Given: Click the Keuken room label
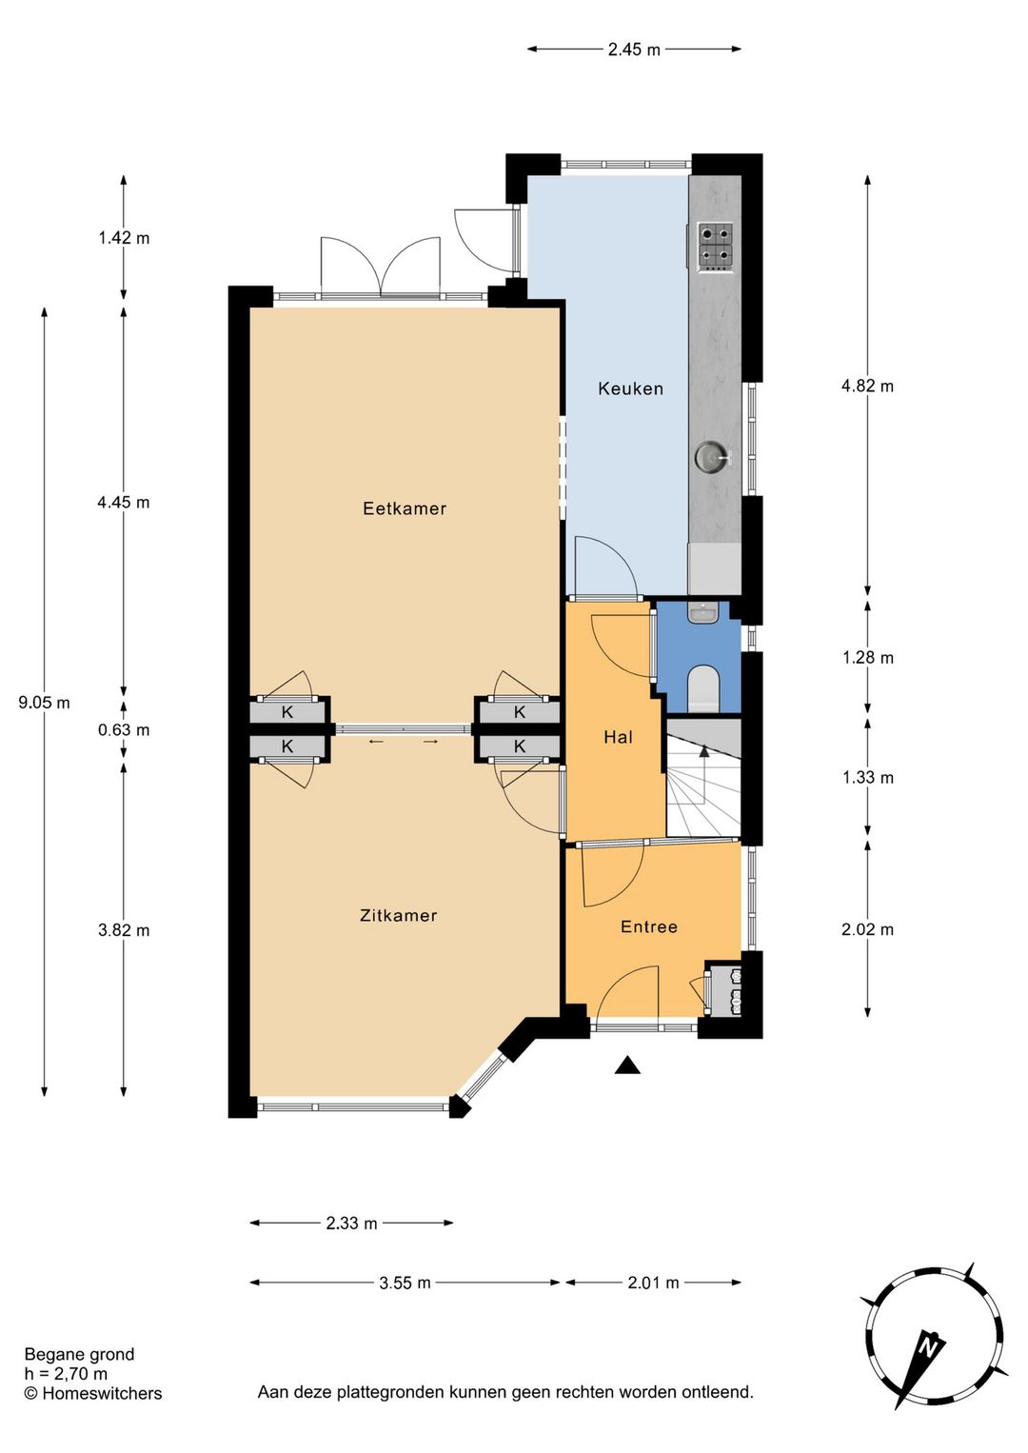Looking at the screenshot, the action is [x=630, y=388].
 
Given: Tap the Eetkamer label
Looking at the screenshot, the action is [x=405, y=508].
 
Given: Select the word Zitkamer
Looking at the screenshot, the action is [x=398, y=915].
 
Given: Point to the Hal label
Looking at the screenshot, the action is [x=618, y=737].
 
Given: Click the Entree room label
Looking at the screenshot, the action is [x=649, y=926].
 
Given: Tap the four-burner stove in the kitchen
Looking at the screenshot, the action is [x=716, y=247].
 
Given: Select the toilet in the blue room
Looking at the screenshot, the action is [x=702, y=687].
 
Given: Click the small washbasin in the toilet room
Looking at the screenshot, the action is [x=702, y=613].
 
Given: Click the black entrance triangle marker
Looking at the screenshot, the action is [x=627, y=1065].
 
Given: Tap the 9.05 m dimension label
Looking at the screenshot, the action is [x=44, y=703].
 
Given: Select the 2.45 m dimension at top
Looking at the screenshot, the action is [x=634, y=50].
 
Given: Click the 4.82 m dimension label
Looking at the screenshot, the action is [x=867, y=386].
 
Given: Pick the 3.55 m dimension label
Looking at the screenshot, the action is [x=405, y=1283].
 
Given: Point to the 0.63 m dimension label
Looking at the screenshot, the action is [x=124, y=729].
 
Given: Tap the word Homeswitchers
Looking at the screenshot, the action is [x=102, y=1393].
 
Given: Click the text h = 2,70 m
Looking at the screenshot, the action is [x=67, y=1373].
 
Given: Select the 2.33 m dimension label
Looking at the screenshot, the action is [x=351, y=1224].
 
